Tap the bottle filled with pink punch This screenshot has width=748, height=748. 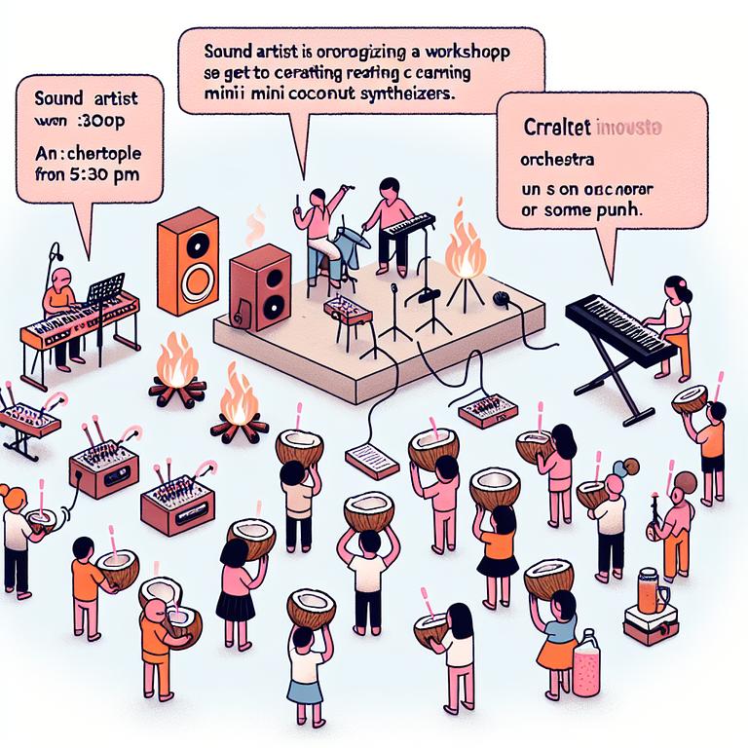(x=587, y=663)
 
